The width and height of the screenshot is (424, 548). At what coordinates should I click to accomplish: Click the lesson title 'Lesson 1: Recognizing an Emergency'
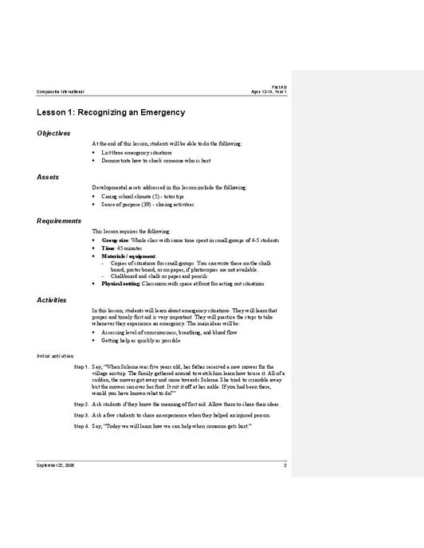111,113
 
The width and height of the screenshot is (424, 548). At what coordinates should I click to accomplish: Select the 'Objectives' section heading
53,133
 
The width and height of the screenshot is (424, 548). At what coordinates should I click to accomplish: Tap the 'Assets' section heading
47,176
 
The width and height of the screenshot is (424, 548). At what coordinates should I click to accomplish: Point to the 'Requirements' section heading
59,220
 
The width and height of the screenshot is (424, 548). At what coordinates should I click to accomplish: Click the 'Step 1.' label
81,366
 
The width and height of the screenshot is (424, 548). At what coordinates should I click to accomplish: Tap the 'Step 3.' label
81,416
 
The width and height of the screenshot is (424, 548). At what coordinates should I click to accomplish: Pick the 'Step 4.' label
81,427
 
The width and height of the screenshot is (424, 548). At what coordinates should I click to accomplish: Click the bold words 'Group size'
115,239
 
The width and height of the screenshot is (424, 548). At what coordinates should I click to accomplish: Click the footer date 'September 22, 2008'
54,464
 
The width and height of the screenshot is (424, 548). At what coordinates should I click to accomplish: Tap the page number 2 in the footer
285,464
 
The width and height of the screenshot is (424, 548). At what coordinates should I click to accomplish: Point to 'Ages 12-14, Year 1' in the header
269,92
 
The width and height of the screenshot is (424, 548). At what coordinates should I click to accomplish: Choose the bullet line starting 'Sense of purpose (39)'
147,204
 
